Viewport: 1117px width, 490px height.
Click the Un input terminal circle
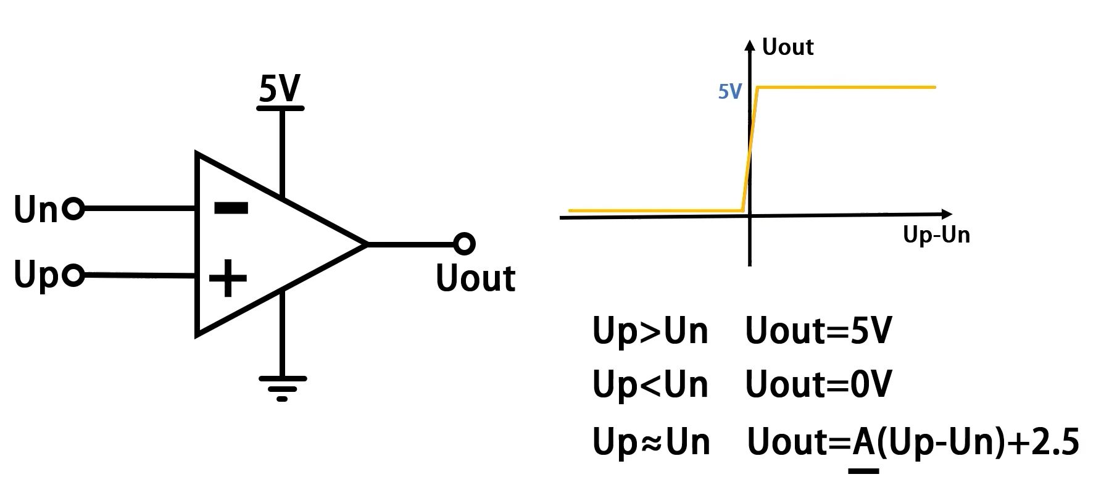click(x=73, y=209)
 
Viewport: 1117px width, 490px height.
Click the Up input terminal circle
click(x=73, y=275)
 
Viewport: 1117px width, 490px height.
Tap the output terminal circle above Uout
click(x=464, y=244)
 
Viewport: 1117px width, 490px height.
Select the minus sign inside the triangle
click(x=231, y=208)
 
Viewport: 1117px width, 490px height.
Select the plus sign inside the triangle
click(x=228, y=278)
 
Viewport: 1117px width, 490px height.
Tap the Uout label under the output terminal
click(x=475, y=278)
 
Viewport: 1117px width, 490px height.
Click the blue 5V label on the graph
click(x=729, y=91)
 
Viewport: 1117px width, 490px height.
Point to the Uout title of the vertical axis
click(x=787, y=48)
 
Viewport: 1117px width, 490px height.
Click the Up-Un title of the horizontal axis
click(x=936, y=235)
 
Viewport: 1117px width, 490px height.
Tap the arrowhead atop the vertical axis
click(x=750, y=44)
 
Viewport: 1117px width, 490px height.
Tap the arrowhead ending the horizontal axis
click(x=946, y=214)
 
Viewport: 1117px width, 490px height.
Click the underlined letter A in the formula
click(x=863, y=442)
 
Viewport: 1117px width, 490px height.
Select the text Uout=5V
click(x=818, y=331)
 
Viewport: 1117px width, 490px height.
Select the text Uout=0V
click(x=818, y=385)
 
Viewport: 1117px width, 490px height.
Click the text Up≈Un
click(x=651, y=442)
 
